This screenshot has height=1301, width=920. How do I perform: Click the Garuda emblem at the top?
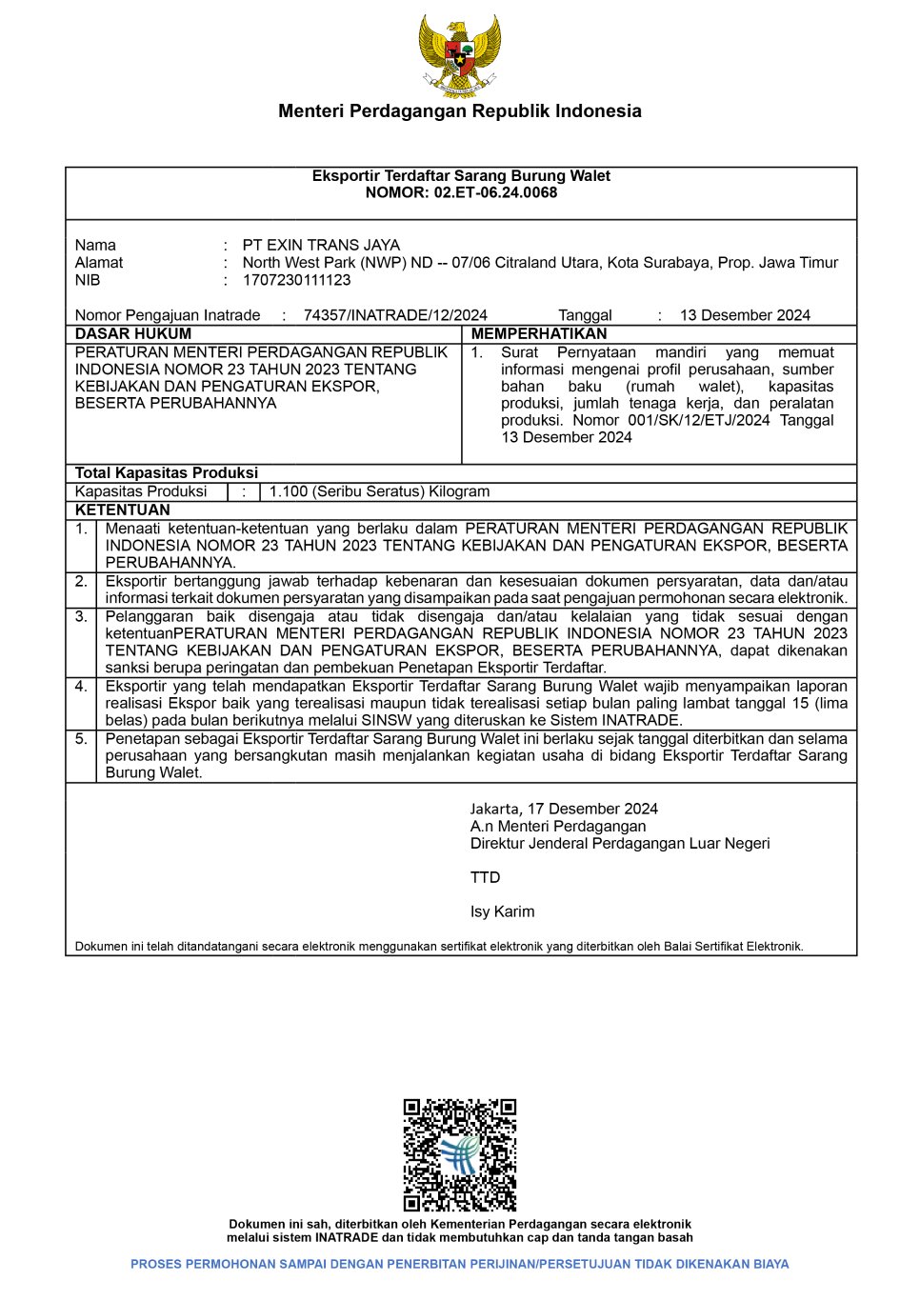tap(460, 54)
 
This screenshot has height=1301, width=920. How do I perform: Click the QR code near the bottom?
tap(460, 1154)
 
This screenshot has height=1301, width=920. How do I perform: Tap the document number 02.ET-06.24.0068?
tap(495, 192)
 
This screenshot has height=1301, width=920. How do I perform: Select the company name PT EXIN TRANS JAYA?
tap(321, 245)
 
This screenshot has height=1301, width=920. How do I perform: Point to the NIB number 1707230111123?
tap(296, 280)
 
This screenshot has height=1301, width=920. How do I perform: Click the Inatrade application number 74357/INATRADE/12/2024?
tap(395, 315)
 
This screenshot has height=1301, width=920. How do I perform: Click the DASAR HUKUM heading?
tap(133, 334)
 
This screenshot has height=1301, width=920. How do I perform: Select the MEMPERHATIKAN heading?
tap(538, 334)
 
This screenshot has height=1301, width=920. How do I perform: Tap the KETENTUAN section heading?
tap(123, 510)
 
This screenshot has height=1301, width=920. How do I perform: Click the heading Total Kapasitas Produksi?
tap(167, 473)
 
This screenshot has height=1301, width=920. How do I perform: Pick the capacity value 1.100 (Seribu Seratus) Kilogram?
tap(379, 491)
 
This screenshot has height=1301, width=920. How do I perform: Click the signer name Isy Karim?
tap(502, 911)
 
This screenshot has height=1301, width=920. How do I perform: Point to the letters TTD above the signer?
tap(485, 877)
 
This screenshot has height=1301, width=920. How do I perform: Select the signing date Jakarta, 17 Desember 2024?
tap(564, 809)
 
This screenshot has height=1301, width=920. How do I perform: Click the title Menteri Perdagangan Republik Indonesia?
tap(460, 111)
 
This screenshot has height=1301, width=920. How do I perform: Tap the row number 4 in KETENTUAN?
tap(81, 686)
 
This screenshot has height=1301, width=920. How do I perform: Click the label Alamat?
tap(99, 263)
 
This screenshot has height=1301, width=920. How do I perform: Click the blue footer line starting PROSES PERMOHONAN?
tap(460, 1264)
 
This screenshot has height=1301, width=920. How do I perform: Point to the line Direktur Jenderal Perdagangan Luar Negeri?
tap(620, 843)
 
